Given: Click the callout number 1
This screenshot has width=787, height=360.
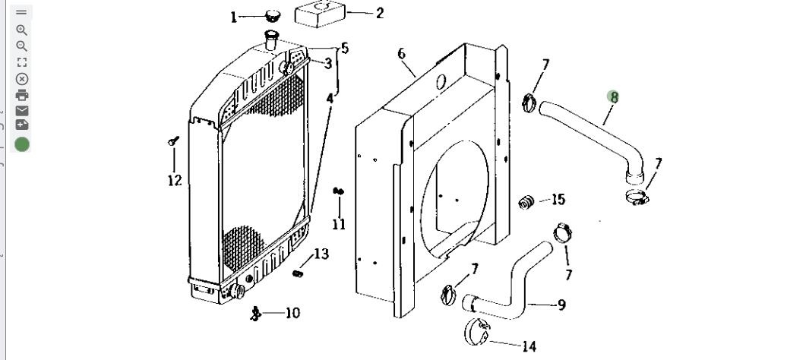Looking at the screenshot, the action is click(x=233, y=17).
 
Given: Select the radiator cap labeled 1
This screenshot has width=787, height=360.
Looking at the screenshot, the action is click(x=273, y=15).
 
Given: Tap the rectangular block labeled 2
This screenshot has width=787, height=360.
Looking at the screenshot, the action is click(x=321, y=14).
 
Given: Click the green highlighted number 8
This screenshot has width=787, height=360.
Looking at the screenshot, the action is click(x=613, y=97).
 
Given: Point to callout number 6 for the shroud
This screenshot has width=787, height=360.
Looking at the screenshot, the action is click(x=402, y=54).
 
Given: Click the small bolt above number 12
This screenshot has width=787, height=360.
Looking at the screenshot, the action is click(x=174, y=141).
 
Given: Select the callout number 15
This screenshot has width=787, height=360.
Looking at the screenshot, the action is click(x=558, y=199).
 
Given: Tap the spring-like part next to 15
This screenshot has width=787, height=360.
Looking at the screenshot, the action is click(x=526, y=202).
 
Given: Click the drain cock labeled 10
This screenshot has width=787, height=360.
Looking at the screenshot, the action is click(x=256, y=314).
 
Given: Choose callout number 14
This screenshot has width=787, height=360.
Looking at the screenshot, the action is click(x=529, y=346).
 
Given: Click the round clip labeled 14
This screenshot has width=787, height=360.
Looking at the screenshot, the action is click(x=476, y=331).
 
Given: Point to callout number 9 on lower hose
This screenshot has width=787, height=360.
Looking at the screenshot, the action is click(x=561, y=305).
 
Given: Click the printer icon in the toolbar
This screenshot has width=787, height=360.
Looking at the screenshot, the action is click(x=21, y=95).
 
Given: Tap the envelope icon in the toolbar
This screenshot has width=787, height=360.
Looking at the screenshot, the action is click(x=21, y=111).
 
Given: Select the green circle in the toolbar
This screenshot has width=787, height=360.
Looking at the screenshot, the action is click(x=21, y=144).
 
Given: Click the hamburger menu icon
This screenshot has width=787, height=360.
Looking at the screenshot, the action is click(x=21, y=13).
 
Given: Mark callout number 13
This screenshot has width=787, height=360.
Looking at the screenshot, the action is click(x=321, y=254).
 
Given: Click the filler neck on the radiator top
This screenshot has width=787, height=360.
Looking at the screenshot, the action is click(x=271, y=39).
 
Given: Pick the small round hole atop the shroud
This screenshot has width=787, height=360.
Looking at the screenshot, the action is click(x=441, y=82).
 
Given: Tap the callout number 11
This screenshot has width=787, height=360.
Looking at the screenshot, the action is click(x=339, y=224).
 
